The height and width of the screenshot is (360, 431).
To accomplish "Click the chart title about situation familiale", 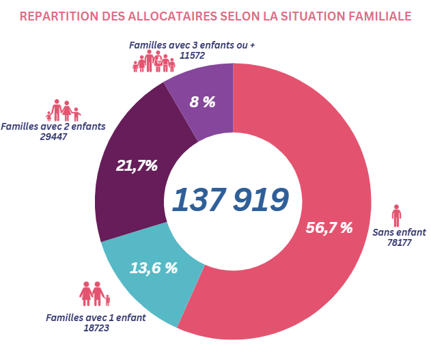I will [216, 14].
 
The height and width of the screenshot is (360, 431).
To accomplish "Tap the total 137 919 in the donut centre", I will [230, 199].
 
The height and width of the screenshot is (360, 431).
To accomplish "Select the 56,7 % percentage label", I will [329, 227].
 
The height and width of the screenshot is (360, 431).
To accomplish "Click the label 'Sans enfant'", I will [399, 232].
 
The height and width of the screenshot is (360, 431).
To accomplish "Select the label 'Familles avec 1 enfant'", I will [96, 318].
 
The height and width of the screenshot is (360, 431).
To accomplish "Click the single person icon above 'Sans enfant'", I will [396, 215].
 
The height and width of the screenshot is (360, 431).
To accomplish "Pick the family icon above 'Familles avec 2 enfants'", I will [63, 110].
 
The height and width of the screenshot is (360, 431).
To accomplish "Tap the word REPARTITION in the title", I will [60, 14].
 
